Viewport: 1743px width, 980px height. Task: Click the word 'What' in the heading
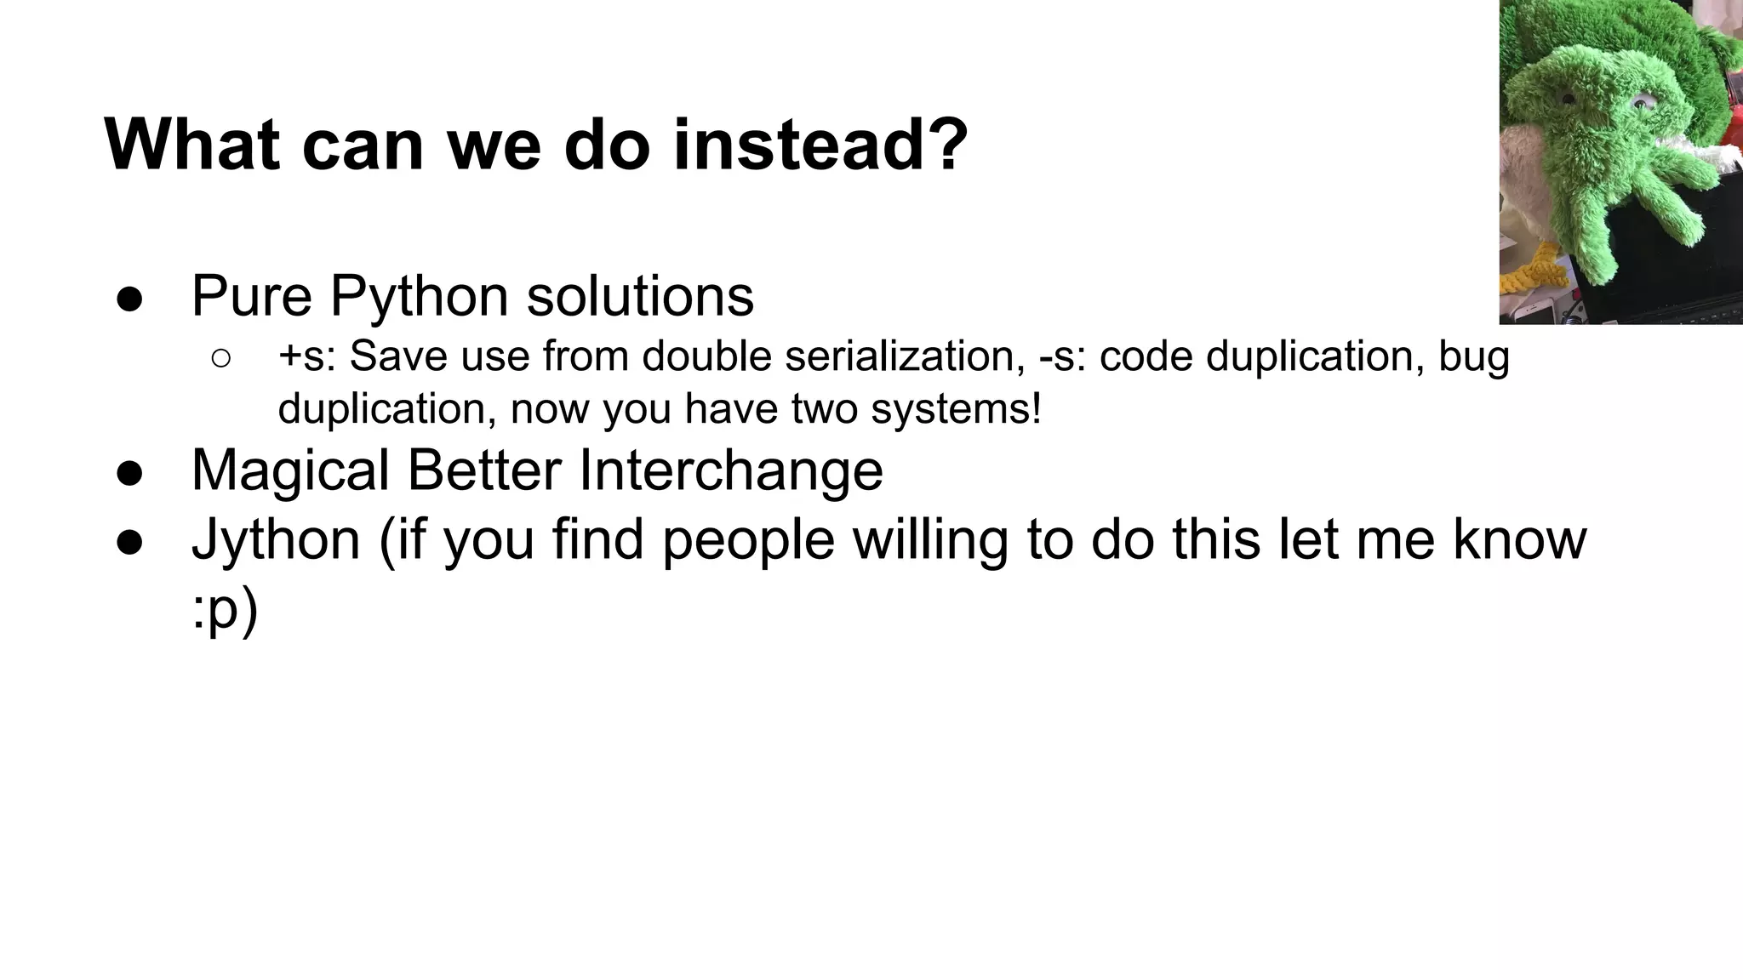pos(191,145)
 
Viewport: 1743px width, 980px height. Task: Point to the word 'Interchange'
pos(730,470)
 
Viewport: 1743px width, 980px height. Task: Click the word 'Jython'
pos(276,540)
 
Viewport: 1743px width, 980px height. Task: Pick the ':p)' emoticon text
pos(224,612)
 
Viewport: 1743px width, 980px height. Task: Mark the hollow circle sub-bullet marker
pos(220,358)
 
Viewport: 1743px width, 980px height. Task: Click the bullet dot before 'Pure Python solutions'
pos(129,299)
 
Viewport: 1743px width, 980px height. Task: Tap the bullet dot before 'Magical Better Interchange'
pos(129,473)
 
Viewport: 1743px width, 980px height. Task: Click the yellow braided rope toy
pos(1537,274)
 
